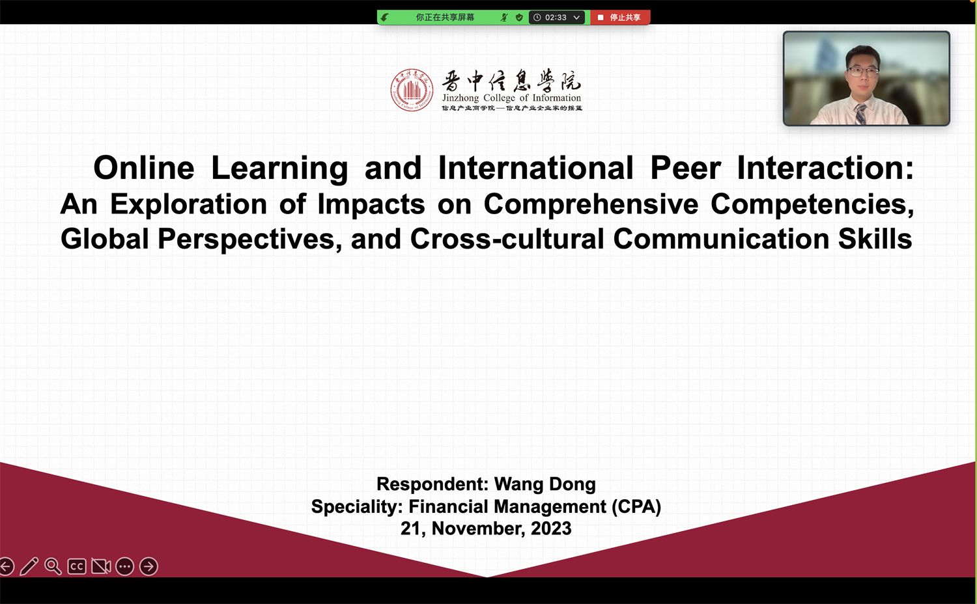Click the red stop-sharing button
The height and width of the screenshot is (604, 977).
point(620,18)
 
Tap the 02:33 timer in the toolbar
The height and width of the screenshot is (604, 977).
point(556,18)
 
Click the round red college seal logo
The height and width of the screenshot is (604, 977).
point(412,90)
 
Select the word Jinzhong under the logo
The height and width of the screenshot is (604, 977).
point(460,98)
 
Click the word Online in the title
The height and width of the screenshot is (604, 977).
point(143,168)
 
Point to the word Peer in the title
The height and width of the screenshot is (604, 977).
point(685,168)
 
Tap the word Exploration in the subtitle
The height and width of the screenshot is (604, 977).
point(188,204)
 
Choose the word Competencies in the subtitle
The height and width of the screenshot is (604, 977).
point(812,204)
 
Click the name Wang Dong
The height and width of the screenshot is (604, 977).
point(545,484)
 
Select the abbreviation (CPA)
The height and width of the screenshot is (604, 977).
point(636,507)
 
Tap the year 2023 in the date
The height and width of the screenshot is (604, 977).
point(551,528)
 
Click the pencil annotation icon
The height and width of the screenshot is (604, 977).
point(29,566)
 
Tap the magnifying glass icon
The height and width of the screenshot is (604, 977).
point(53,566)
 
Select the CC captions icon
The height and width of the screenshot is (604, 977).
point(77,566)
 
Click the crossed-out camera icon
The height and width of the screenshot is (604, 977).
point(101,566)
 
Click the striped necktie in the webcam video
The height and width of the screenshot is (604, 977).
point(860,114)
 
